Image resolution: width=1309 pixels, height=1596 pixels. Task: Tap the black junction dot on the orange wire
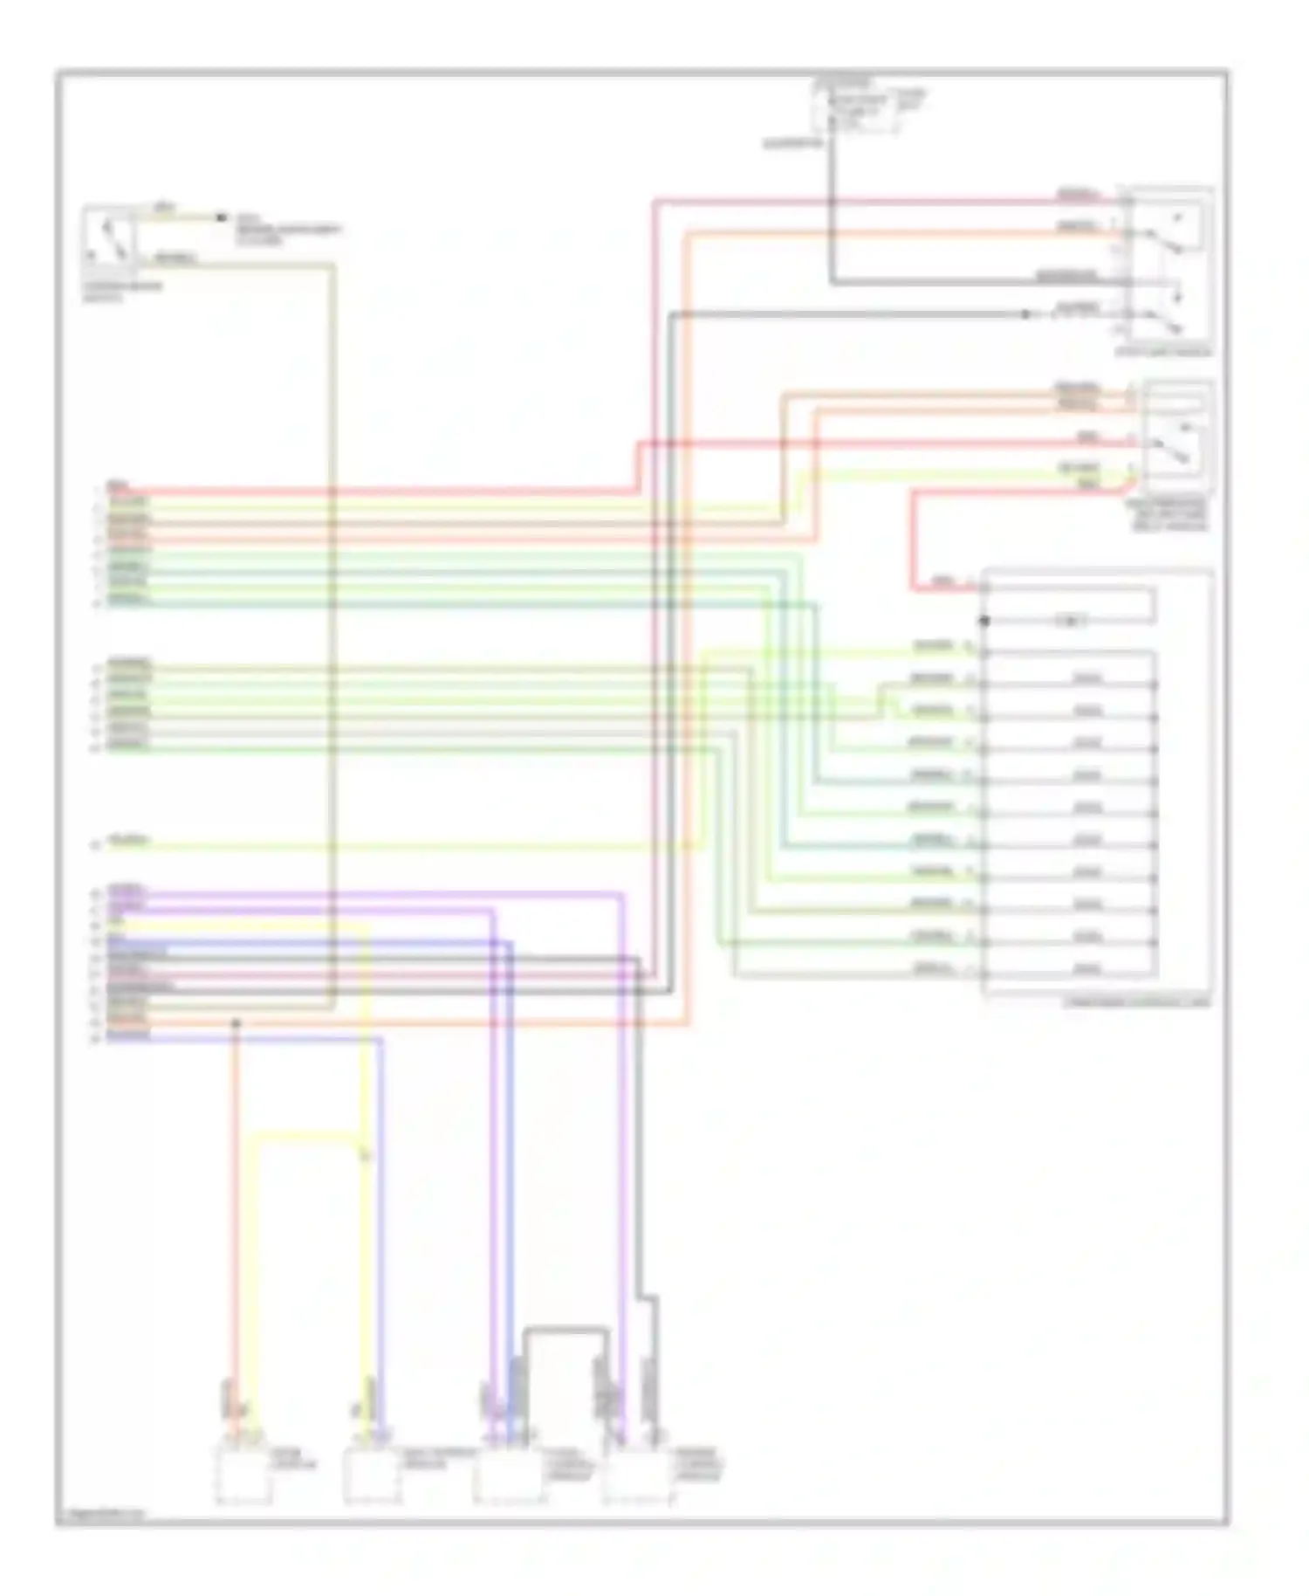tap(235, 1022)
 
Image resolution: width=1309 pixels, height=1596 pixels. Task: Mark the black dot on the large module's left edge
tap(984, 622)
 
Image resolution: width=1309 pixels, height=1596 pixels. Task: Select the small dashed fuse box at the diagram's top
tap(855, 111)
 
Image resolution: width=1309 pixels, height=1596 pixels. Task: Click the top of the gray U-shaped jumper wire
tap(565, 1331)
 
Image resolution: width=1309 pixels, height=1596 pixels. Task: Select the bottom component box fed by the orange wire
tap(243, 1476)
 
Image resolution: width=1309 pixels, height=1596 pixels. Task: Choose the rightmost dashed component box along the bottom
tap(637, 1476)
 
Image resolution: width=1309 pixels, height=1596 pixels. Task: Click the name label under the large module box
tap(1136, 1002)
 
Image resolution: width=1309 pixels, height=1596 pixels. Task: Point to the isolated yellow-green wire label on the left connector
tap(128, 843)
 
